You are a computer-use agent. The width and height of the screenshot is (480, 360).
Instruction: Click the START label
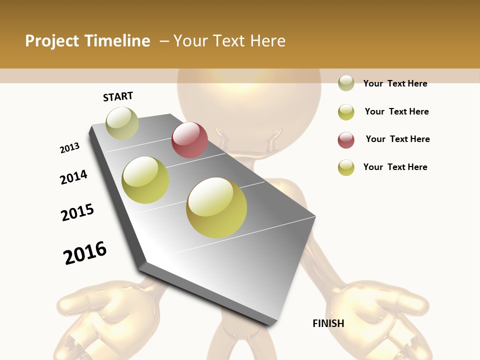pos(118,96)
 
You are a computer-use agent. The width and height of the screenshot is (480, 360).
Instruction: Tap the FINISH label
pos(328,323)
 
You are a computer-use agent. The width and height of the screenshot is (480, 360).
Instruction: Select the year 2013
pos(69,148)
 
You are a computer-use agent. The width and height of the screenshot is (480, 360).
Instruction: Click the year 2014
pos(73,177)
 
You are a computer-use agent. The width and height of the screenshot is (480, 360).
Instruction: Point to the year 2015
pos(77,212)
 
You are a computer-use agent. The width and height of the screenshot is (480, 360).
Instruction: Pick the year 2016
pos(85,253)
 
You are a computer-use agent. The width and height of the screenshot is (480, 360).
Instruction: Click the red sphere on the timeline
pos(189,140)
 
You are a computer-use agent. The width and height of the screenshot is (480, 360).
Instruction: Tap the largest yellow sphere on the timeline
pos(216,207)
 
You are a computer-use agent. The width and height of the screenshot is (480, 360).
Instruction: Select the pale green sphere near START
pos(122,123)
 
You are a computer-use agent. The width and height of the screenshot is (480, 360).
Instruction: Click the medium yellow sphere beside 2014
pos(145,180)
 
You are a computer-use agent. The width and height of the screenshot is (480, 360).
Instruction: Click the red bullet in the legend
pos(346,140)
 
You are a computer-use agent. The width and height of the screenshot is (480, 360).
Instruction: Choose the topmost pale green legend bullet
pos(346,83)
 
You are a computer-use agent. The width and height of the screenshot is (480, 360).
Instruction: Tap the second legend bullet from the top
pos(346,112)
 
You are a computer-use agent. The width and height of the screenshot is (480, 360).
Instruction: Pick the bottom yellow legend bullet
pos(346,167)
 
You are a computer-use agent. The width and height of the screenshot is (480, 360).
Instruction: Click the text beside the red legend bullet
pos(397,139)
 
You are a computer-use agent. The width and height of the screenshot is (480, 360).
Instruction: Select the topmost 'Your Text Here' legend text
pos(395,83)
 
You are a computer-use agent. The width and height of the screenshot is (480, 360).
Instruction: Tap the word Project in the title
pos(52,41)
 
